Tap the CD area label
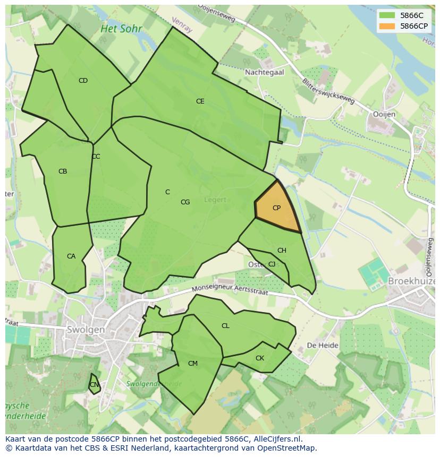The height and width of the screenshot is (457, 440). point(83,81)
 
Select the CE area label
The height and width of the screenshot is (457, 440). point(200,101)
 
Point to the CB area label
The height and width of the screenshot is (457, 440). point(63,171)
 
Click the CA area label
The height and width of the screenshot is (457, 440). point(71,256)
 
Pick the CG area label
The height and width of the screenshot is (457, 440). point(185,202)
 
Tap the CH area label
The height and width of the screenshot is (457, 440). point(282,251)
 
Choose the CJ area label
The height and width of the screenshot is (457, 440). point(272,264)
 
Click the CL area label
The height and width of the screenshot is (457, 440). point(225,326)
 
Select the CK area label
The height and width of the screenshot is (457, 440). point(260,358)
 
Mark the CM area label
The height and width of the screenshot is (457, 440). point(193,364)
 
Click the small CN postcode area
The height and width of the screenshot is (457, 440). point(94,384)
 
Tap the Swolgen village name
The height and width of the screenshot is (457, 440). point(86,330)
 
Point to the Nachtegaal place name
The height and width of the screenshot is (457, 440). point(264,72)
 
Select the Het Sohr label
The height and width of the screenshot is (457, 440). point(121,29)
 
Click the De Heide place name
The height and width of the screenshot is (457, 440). point(323,345)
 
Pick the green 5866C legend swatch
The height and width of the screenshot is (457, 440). point(387,15)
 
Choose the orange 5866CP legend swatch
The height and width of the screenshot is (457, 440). point(387,26)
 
